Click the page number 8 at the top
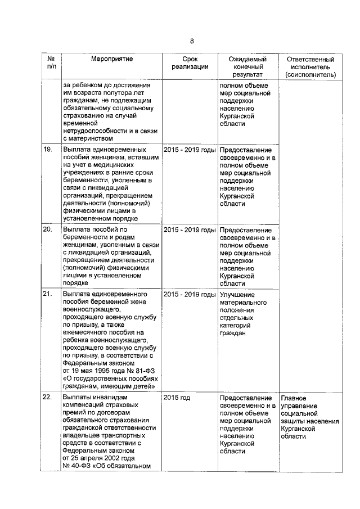[191, 41]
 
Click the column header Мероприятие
[112, 59]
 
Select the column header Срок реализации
[190, 63]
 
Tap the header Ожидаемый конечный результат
[247, 66]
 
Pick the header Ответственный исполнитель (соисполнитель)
[310, 66]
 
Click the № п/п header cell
[51, 63]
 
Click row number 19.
[48, 150]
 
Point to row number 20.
[48, 230]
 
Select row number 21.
[48, 294]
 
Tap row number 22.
[48, 398]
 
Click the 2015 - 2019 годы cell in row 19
[190, 150]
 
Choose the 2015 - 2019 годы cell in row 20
[190, 230]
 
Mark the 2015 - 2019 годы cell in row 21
[190, 294]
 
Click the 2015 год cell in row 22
[177, 398]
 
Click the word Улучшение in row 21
[237, 294]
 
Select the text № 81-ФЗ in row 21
[134, 371]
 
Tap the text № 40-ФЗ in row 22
[81, 465]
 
